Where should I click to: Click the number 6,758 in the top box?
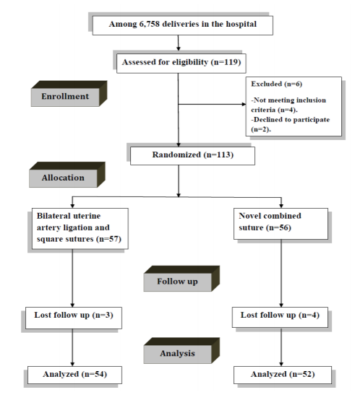point(149,24)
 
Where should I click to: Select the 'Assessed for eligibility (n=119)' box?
point(181,64)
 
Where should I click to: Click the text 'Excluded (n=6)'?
point(277,84)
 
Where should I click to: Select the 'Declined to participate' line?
point(291,120)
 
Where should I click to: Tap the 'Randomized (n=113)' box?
point(192,156)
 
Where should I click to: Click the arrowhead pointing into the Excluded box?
point(244,104)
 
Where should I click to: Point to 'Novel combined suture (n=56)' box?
point(281,224)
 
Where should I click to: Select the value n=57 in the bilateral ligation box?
point(108,239)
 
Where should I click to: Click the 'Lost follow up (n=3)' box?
point(74,318)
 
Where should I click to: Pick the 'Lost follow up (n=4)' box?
point(280,317)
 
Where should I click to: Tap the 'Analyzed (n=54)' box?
point(74,375)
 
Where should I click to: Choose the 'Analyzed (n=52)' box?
point(283,375)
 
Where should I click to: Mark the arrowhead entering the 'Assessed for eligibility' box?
point(179,48)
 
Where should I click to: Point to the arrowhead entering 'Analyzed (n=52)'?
point(281,364)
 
